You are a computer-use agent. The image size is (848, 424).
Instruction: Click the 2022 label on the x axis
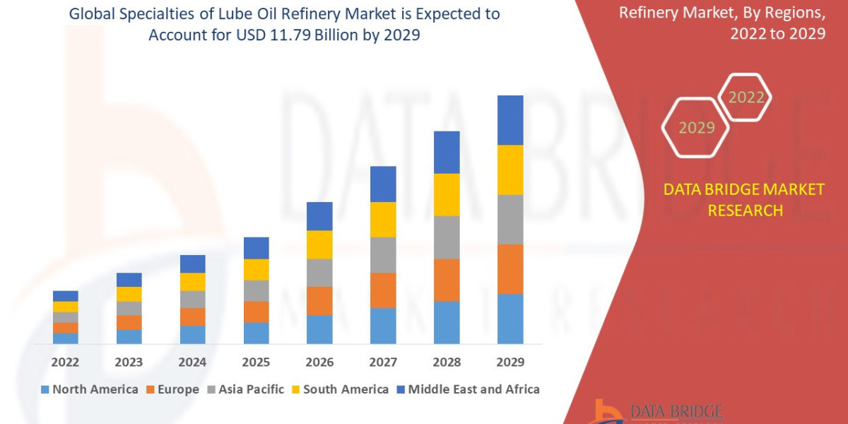point(65,363)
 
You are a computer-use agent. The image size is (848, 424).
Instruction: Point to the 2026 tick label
point(319,363)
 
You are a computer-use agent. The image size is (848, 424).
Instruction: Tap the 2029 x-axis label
point(510,363)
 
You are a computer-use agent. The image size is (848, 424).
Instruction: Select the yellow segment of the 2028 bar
point(447,194)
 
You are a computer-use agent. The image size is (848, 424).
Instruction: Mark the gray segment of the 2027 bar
point(383,254)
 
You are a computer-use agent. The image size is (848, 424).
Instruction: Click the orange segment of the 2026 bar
point(319,301)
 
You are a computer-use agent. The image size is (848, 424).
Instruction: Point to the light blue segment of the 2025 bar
point(256,333)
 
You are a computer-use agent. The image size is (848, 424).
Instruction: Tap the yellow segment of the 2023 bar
point(129,294)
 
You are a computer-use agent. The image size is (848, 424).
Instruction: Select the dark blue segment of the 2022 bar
point(65,295)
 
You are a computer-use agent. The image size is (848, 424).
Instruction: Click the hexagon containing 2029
point(696,128)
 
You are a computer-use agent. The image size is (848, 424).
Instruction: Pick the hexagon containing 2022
point(746,98)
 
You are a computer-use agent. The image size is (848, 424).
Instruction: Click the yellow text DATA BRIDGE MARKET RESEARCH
point(744,200)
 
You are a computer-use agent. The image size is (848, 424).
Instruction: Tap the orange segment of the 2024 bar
point(192,317)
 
